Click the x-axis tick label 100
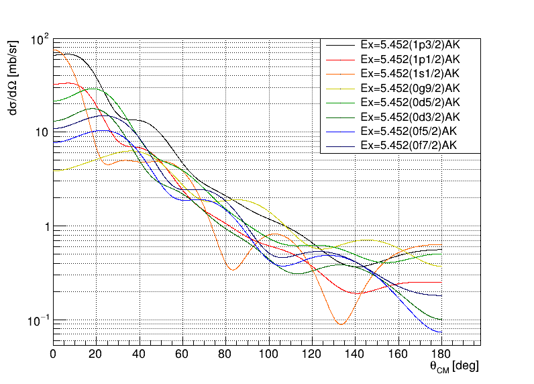click(x=268, y=354)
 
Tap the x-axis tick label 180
click(x=441, y=354)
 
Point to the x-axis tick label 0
click(x=54, y=354)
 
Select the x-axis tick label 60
click(x=182, y=354)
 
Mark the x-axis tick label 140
click(x=355, y=354)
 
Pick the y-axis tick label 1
click(x=46, y=227)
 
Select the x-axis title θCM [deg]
click(x=454, y=367)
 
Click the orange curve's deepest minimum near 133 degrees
click(x=341, y=324)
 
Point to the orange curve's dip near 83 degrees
click(x=232, y=270)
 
